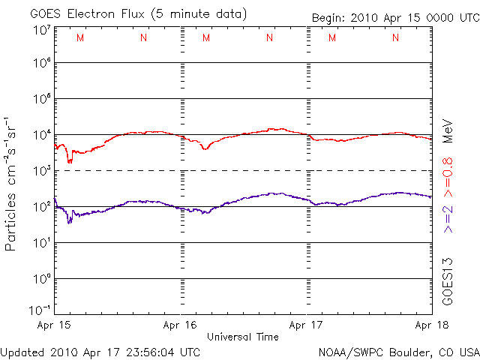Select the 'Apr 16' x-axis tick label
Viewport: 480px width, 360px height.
coord(180,325)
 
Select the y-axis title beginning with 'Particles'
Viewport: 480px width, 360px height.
coord(12,183)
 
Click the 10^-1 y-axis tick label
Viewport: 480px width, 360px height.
coord(40,310)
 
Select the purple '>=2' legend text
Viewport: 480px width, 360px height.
coord(448,217)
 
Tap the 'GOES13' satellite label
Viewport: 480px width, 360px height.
coord(448,281)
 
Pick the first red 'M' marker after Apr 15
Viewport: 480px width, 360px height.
coord(80,38)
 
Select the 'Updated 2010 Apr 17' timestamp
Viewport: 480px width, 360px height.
coord(100,351)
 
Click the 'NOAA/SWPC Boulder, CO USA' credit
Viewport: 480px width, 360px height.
coord(398,351)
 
